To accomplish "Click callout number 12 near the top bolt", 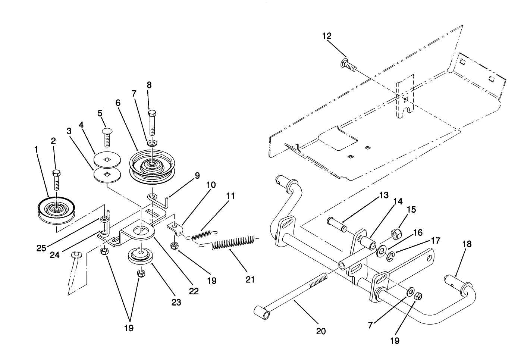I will pos(327,36).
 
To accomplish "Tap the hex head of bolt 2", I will pos(56,173).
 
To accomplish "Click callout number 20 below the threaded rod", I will pos(321,331).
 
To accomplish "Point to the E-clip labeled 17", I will pos(389,256).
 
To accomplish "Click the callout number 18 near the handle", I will pos(467,244).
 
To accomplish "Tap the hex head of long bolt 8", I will pos(153,113).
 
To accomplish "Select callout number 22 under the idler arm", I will pos(194,291).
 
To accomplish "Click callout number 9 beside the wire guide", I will pos(197,175).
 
